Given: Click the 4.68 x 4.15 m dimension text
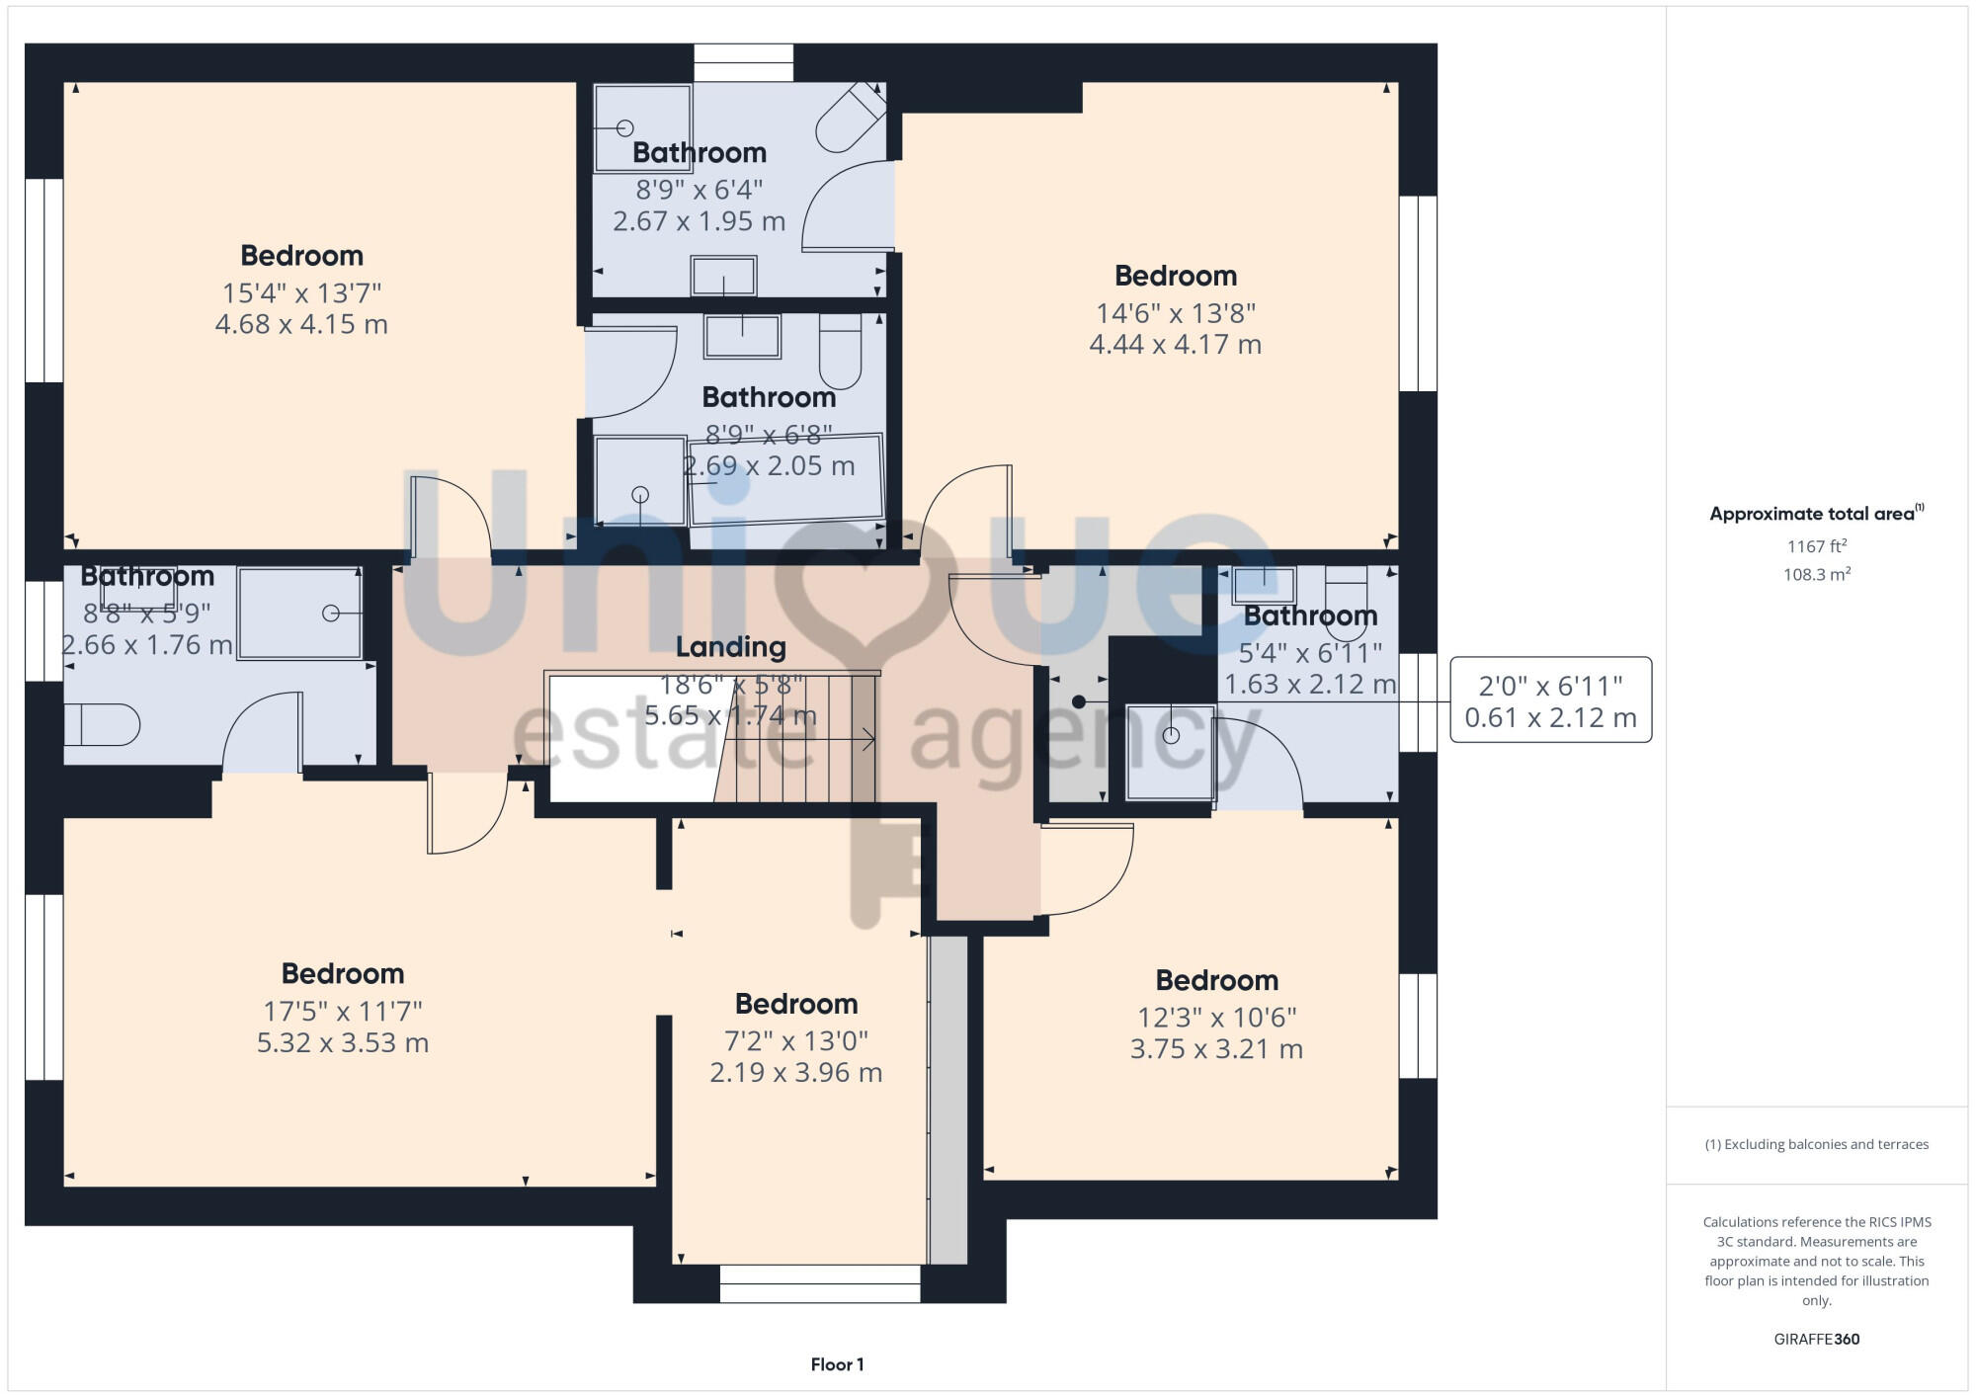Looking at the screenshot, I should pos(301,325).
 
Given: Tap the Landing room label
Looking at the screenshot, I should pos(730,647).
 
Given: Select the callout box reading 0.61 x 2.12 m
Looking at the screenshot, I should pos(1550,700).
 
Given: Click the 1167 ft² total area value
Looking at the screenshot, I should pos(1816,546).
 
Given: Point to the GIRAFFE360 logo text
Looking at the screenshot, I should pos(1816,1340).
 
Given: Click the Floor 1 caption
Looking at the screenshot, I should pos(837,1364).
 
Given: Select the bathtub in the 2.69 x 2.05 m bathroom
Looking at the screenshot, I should pos(785,478).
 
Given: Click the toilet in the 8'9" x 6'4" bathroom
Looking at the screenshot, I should pos(849,117).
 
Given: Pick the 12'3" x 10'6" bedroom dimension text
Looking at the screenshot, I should pos(1216,1018).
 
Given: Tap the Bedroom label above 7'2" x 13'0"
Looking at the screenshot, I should pos(795,1004).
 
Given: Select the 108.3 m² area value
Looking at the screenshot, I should pos(1816,575).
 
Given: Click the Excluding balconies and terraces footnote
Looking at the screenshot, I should pos(1816,1145).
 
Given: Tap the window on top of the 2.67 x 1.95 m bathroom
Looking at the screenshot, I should pos(743,62).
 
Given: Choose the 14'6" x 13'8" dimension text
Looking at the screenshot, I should pos(1175,313).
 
